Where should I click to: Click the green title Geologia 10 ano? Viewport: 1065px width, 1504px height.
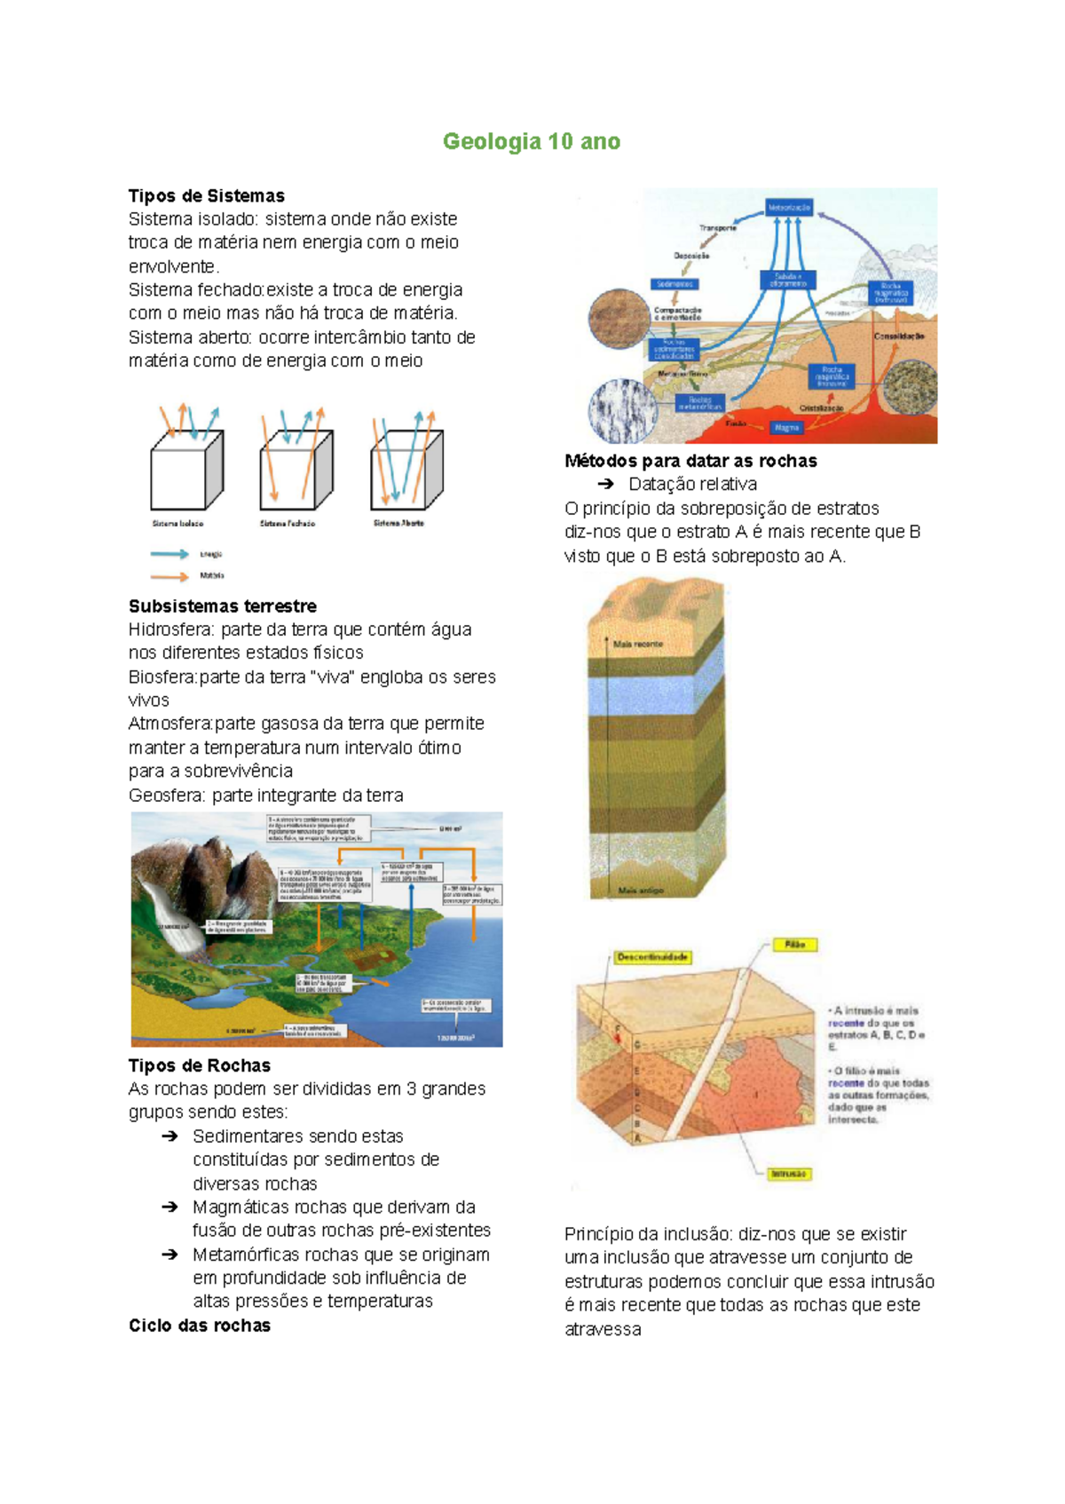pos(532,141)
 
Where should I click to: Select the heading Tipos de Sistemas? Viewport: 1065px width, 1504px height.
pos(206,195)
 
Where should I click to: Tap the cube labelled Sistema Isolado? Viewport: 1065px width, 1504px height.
pos(185,471)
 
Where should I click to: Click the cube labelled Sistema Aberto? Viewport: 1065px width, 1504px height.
pos(405,471)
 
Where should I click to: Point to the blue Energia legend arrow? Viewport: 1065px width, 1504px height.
pos(170,554)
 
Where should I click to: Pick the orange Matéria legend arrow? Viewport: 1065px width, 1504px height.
pos(170,576)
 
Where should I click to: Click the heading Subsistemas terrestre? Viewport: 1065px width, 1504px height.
pos(222,606)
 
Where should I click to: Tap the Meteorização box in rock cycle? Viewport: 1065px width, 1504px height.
pos(788,207)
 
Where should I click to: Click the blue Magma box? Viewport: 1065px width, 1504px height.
pos(786,428)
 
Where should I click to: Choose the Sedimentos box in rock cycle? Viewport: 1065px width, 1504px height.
pos(674,284)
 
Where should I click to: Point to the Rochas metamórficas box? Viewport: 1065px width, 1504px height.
pos(699,403)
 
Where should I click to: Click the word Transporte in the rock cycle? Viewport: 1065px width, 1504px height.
pos(717,228)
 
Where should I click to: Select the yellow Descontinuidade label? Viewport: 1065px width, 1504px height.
pos(653,957)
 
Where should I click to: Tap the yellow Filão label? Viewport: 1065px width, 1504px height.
pos(794,945)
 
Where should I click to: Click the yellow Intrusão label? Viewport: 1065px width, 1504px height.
pos(788,1174)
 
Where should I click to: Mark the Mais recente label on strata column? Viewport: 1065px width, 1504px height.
pos(637,644)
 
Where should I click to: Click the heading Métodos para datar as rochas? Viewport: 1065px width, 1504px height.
pos(690,461)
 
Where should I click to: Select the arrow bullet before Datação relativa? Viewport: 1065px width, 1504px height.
pos(606,484)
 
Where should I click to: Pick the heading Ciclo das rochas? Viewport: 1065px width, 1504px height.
pos(200,1326)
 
